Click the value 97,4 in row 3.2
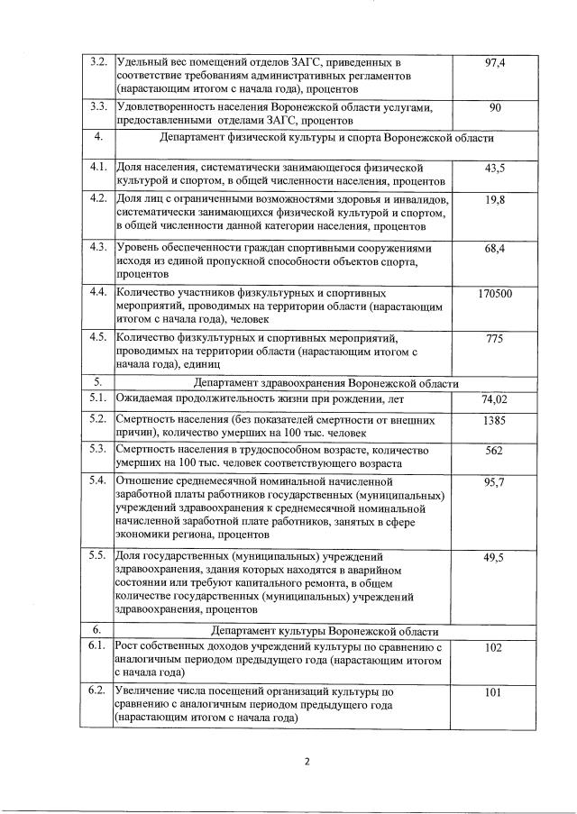click(x=493, y=63)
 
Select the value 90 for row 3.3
click(x=494, y=108)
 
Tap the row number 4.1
click(x=98, y=168)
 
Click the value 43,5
click(x=494, y=169)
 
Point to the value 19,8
click(x=494, y=199)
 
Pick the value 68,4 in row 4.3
click(x=494, y=248)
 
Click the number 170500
click(x=494, y=294)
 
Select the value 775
click(x=494, y=339)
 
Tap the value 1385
click(x=494, y=420)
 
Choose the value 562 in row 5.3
click(x=494, y=450)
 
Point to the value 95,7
click(x=494, y=482)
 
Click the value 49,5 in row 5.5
click(x=494, y=558)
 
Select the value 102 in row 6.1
click(x=494, y=647)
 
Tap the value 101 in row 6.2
click(x=494, y=693)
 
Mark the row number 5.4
click(x=98, y=480)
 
